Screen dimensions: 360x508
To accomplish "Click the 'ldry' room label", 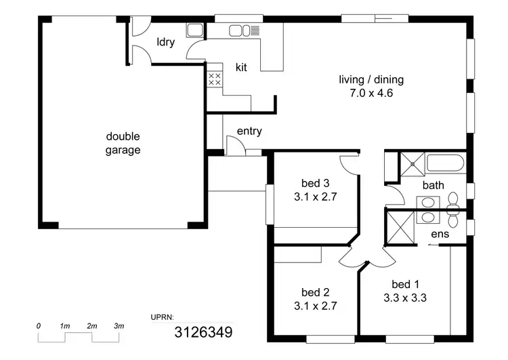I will (165, 42).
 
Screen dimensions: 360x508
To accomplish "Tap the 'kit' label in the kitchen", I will (241, 67).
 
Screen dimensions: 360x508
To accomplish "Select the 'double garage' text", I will (123, 143).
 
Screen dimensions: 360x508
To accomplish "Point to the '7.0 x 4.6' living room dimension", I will (366, 94).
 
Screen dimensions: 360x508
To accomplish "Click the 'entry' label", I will (249, 132).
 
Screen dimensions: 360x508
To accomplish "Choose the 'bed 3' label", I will (316, 182).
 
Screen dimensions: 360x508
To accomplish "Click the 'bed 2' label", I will (315, 293).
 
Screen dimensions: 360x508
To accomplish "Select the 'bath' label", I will (433, 184).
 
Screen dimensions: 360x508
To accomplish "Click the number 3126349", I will (203, 332).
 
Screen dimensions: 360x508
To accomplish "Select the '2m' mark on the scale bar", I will (92, 327).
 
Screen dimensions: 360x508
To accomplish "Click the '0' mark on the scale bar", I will (39, 327).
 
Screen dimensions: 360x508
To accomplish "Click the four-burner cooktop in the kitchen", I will (215, 79).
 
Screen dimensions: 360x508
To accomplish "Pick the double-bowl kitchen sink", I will (240, 31).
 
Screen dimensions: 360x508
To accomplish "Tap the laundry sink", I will (195, 31).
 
